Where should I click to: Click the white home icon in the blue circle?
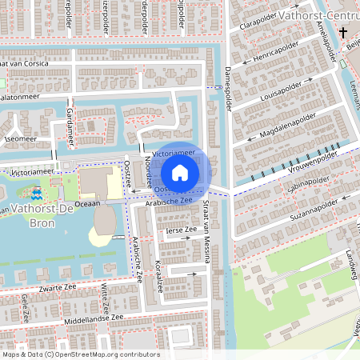coord(180,172)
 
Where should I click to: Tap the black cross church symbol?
coord(343,34)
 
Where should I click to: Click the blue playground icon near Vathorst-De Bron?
coord(37,194)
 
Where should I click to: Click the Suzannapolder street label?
coord(311,211)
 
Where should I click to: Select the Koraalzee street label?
coord(159,276)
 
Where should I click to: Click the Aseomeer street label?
coord(20,138)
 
